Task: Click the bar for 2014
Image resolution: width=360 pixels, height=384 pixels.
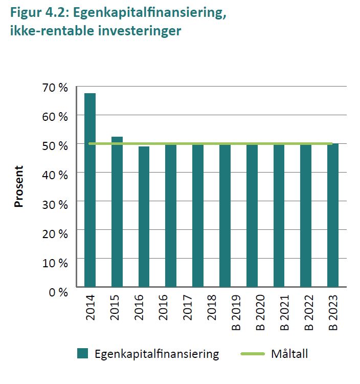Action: (x=90, y=190)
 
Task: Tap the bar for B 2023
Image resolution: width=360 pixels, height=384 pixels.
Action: (x=333, y=215)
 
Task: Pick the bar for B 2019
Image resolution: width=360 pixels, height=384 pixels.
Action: (x=225, y=215)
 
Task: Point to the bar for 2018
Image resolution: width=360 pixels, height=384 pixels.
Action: (x=198, y=215)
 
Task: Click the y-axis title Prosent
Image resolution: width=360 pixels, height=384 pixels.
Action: (x=19, y=186)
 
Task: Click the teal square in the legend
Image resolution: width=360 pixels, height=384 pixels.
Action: (x=83, y=353)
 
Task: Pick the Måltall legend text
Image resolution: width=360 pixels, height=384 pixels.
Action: (x=290, y=354)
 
